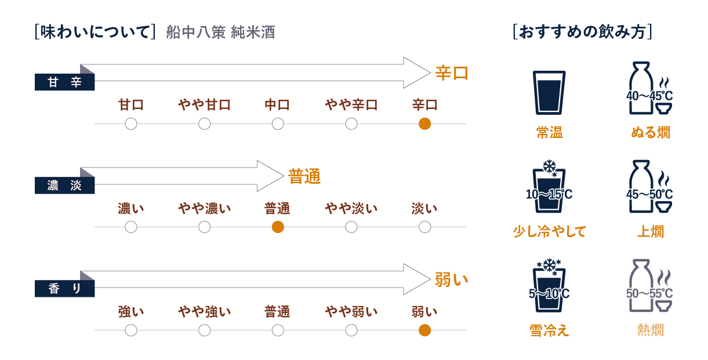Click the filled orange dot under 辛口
[x=424, y=123]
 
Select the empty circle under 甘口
[x=131, y=123]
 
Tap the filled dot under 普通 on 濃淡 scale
[x=278, y=227]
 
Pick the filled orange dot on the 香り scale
[x=424, y=330]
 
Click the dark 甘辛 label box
[x=64, y=83]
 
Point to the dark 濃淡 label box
[x=64, y=186]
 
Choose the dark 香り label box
[x=64, y=289]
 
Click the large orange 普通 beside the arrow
[x=304, y=176]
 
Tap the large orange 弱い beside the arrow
[x=451, y=280]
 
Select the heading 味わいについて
[x=95, y=32]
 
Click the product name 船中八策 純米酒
[x=220, y=32]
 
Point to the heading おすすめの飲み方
[x=583, y=31]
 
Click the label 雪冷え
[x=549, y=330]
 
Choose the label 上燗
[x=650, y=232]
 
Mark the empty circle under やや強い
[x=204, y=330]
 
